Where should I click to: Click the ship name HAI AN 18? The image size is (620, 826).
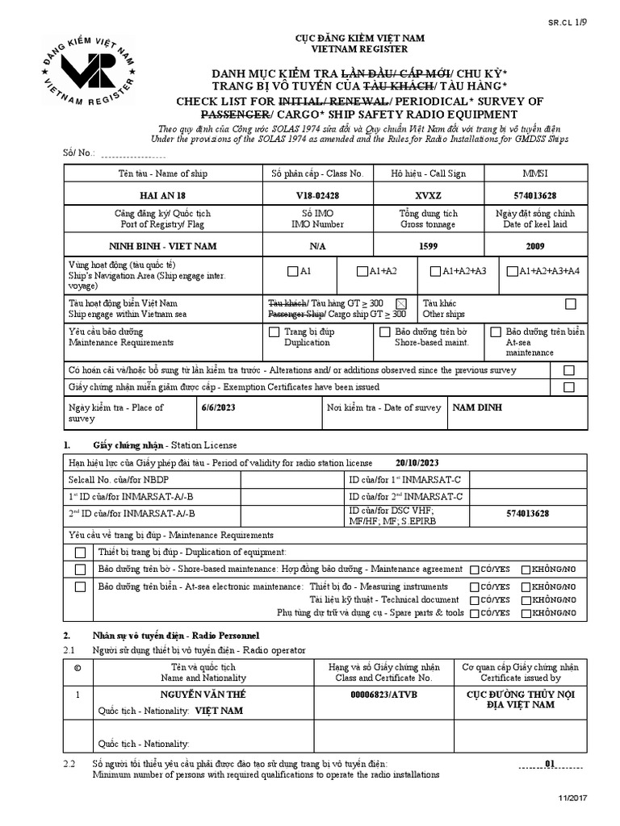coord(162,195)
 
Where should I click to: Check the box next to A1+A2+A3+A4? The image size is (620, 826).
coord(512,271)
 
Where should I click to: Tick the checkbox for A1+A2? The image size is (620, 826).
coord(362,271)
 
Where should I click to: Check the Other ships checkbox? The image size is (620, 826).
coord(571,303)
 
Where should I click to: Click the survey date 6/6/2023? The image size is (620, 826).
coord(216,407)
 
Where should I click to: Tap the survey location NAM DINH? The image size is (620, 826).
coord(476,407)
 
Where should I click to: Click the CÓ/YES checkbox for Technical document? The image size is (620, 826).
coord(474,600)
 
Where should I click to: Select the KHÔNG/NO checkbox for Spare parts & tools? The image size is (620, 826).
coord(526,613)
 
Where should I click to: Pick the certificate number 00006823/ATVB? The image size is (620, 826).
coord(383,695)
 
